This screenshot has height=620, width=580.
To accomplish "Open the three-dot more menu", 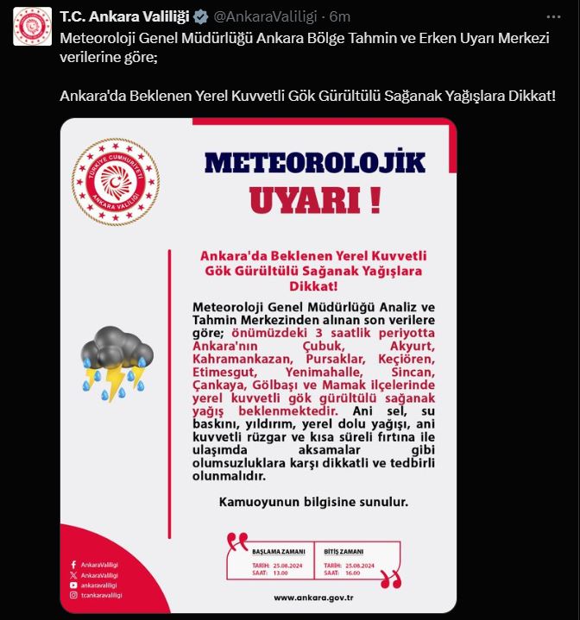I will (553, 16).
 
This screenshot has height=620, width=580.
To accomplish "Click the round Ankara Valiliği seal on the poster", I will (115, 182).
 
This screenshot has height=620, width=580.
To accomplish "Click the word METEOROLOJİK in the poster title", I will (315, 162).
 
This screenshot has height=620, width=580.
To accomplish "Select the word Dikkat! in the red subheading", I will (313, 285).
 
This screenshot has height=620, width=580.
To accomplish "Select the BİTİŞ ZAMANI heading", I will (344, 551).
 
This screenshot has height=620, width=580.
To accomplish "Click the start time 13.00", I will (281, 572).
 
